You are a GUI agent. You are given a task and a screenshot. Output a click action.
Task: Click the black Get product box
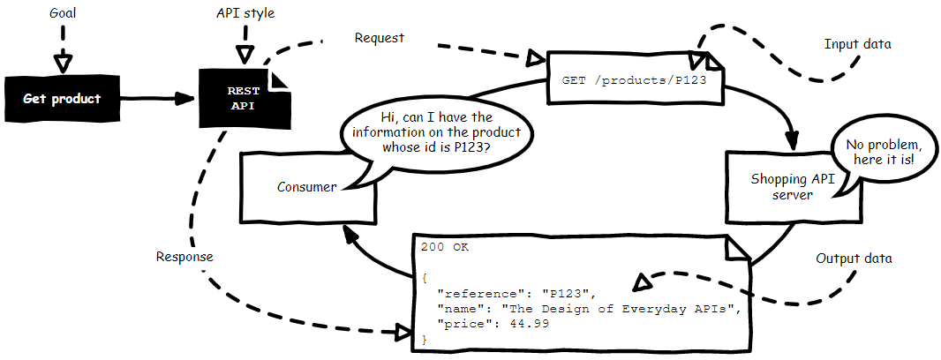(63, 98)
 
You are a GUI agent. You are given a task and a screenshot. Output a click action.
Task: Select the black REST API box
(244, 98)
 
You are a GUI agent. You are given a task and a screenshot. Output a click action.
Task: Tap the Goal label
(62, 16)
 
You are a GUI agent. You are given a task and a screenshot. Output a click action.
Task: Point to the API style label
(245, 15)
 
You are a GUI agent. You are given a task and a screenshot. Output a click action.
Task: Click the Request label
(379, 38)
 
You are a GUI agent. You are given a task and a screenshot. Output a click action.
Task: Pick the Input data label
(857, 44)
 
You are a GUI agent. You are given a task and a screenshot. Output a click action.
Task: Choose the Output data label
(854, 259)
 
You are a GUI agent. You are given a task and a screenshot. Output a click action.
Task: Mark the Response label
(184, 257)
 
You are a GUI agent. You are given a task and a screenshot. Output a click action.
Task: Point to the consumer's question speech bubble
(434, 132)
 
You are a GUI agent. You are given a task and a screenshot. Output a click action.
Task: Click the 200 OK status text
(445, 247)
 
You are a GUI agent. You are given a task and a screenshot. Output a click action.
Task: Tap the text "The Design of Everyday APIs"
(617, 308)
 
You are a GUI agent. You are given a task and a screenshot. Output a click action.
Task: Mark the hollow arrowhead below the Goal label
(62, 64)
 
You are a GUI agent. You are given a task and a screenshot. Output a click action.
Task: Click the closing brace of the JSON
(425, 339)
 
